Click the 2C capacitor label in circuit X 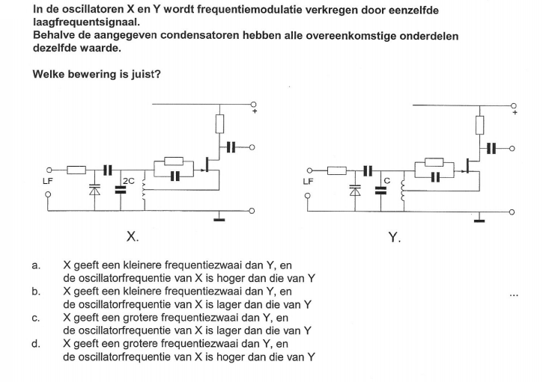[x=129, y=181]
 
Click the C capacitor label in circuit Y [x=387, y=181]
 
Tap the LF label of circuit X [x=47, y=181]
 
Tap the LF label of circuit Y [x=308, y=182]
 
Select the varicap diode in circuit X [x=94, y=189]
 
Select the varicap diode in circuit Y [x=355, y=190]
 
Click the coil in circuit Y [x=403, y=191]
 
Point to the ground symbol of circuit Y [x=479, y=218]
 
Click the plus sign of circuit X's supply [x=255, y=111]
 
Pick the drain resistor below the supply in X [x=219, y=124]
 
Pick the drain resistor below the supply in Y [x=479, y=125]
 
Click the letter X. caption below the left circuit [x=133, y=237]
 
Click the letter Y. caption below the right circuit [x=395, y=238]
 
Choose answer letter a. [x=36, y=265]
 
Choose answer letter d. [x=36, y=344]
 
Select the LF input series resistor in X [x=76, y=170]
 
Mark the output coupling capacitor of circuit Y [x=491, y=148]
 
